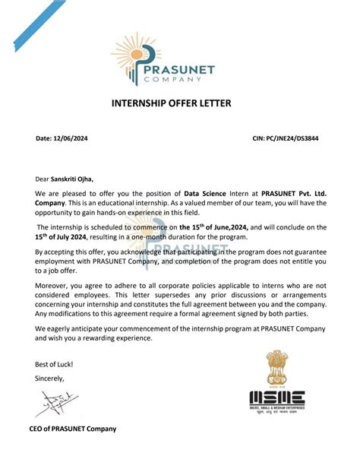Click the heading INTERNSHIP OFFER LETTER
point(179,103)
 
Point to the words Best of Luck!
point(52,363)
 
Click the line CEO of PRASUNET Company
point(76,429)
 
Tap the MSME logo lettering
point(277,398)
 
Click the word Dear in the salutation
point(42,179)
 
